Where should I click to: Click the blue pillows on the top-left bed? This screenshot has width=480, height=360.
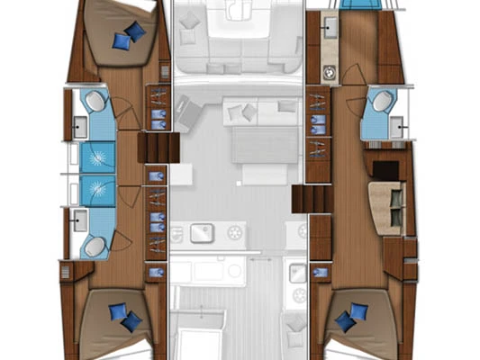pos(130,35)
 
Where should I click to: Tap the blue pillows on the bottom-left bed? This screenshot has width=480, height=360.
pos(126,315)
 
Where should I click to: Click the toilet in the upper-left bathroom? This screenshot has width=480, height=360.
pos(95,103)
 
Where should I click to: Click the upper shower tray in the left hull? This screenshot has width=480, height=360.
pos(97,157)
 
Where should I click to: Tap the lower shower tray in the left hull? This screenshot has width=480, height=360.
pos(97,190)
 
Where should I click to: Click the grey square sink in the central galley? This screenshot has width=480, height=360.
pos(200,235)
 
